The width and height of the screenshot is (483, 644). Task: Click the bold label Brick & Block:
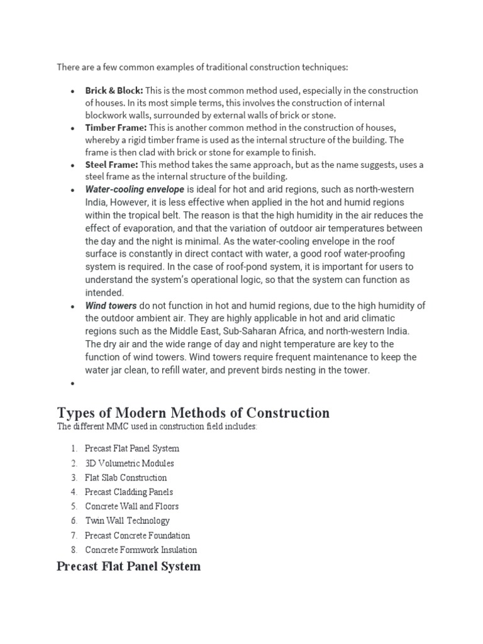114,91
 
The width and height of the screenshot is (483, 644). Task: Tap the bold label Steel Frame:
112,165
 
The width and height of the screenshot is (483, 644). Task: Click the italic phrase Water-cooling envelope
135,189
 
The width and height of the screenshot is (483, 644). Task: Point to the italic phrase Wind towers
111,306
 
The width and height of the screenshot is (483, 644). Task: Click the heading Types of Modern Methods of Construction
193,413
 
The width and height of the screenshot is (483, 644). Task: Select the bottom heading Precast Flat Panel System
129,566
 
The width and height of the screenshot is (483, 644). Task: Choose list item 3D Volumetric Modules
129,464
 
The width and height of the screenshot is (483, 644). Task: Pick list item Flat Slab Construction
126,478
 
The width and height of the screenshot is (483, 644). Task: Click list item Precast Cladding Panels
129,492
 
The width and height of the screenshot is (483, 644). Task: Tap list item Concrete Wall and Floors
131,506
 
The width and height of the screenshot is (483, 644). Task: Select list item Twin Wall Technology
127,521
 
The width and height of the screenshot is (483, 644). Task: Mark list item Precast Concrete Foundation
137,535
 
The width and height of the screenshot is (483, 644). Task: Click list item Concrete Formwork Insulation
141,550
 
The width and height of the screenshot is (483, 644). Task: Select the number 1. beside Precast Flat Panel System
74,449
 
